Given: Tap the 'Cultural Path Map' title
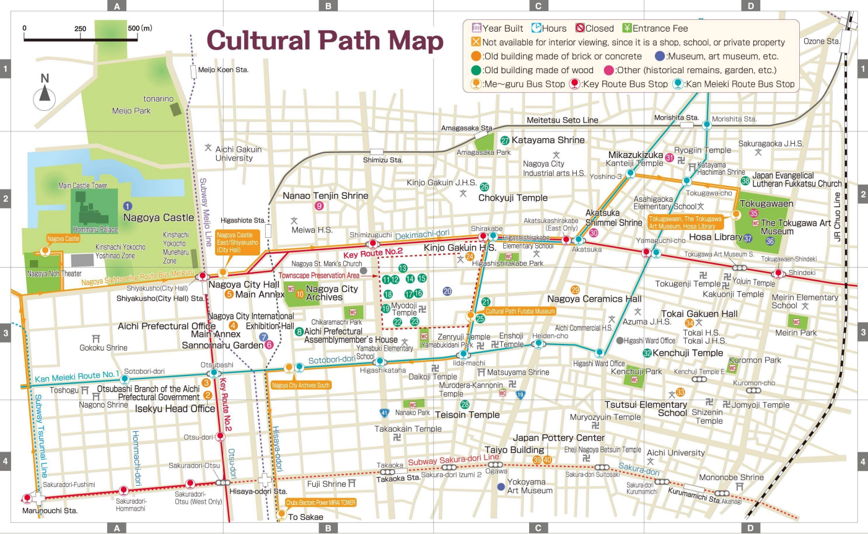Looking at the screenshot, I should (x=325, y=41).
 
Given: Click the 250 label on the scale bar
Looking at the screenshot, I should (x=81, y=28).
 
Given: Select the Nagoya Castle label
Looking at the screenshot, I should (x=158, y=217).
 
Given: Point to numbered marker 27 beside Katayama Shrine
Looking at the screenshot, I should (x=505, y=141).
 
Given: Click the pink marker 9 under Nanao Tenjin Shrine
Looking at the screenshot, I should (x=319, y=206).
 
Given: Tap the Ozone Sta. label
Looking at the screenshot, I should (x=822, y=42).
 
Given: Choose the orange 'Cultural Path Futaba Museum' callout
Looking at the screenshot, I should (x=519, y=312).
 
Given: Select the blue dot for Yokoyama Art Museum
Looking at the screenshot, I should (x=501, y=486).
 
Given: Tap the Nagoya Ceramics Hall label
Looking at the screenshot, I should (x=594, y=299).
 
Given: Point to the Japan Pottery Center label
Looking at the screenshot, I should (x=558, y=437).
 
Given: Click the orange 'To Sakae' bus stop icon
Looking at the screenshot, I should (x=282, y=514).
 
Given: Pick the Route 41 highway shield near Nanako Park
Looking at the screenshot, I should (x=384, y=412).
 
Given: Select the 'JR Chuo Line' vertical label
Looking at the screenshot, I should (x=837, y=217).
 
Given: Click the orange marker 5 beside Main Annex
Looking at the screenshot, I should (x=229, y=294).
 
